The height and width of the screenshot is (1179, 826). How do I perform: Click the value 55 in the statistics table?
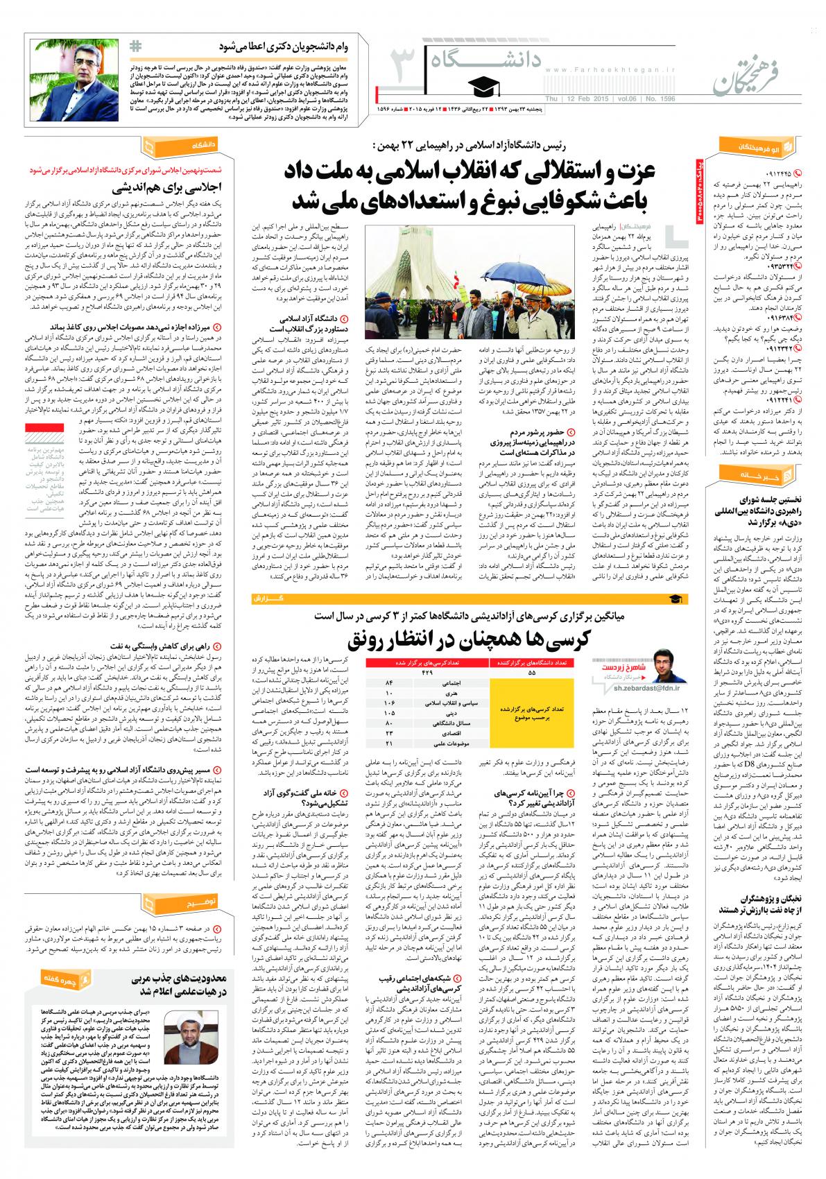coord(531,672)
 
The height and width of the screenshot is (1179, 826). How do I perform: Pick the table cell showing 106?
coord(389,703)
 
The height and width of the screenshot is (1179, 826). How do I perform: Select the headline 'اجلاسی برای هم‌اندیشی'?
coord(177,187)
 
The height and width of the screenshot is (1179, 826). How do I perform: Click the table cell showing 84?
coord(389,682)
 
